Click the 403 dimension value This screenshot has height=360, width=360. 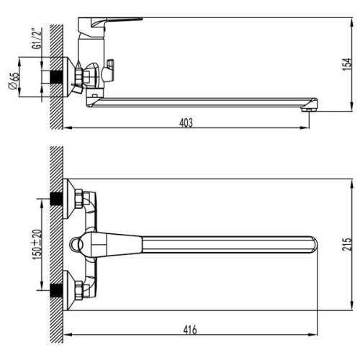tap(186, 122)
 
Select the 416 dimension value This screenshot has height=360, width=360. tap(190, 330)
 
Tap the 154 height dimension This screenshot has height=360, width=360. tap(347, 64)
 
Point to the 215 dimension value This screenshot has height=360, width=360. tap(347, 244)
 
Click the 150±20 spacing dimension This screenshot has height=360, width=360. tap(37, 245)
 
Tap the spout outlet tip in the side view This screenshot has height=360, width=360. tap(310, 109)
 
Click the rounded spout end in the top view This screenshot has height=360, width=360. tap(314, 245)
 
